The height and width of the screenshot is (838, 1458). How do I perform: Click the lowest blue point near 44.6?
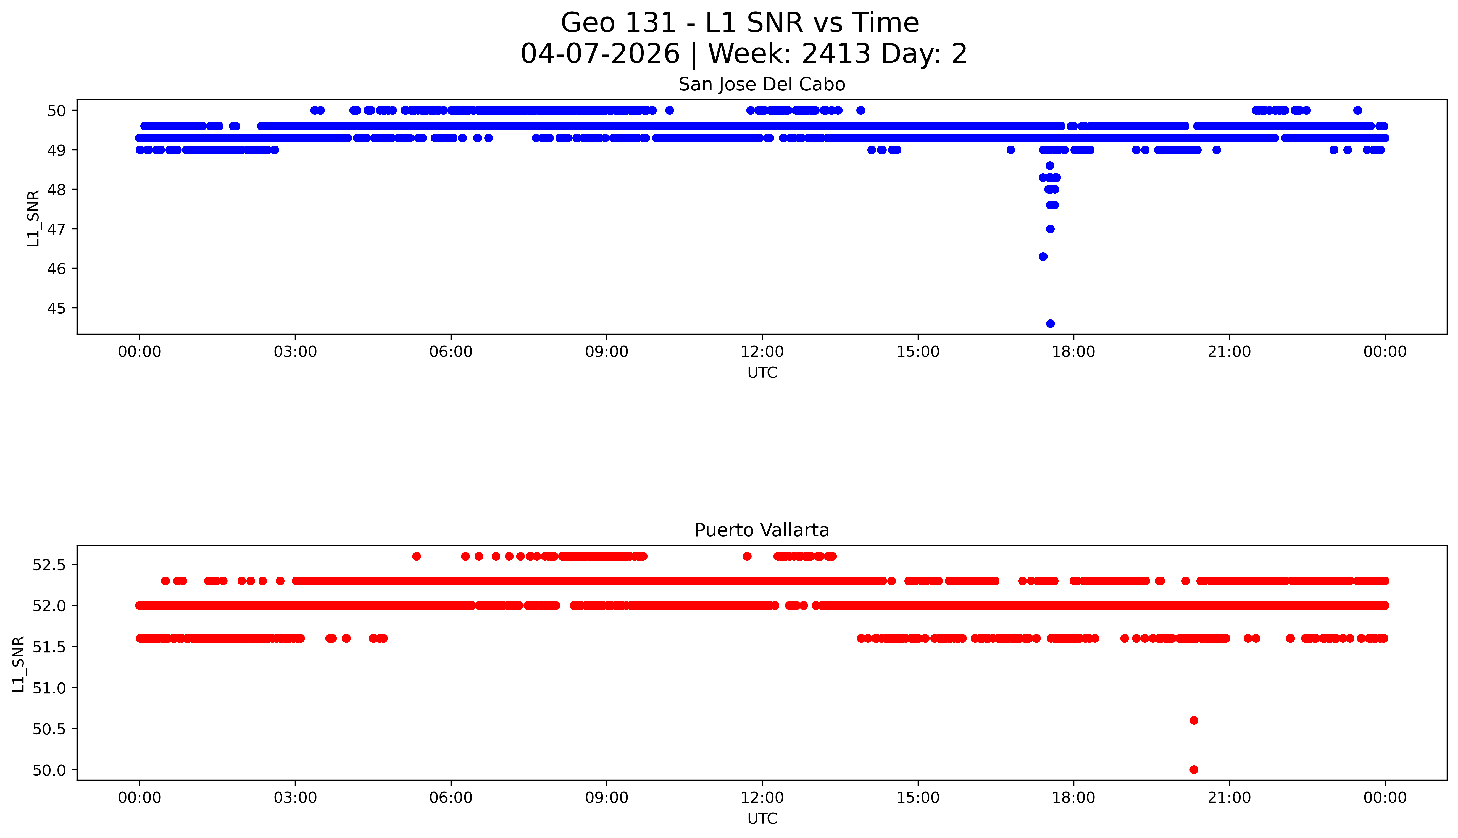(x=1050, y=324)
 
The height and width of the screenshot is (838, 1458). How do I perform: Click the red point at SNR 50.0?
(x=1194, y=769)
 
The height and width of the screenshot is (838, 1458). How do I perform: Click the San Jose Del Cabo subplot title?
(x=762, y=85)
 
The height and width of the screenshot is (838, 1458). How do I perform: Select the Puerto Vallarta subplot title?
(x=762, y=530)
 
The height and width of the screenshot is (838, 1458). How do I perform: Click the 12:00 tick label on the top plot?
(x=762, y=352)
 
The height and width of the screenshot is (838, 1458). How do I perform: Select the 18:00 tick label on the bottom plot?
(x=1074, y=798)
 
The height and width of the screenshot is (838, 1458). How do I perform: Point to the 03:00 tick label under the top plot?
(x=295, y=352)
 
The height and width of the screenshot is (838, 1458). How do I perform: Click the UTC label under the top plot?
(x=762, y=373)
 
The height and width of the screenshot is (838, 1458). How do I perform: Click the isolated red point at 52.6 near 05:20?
(x=417, y=556)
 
